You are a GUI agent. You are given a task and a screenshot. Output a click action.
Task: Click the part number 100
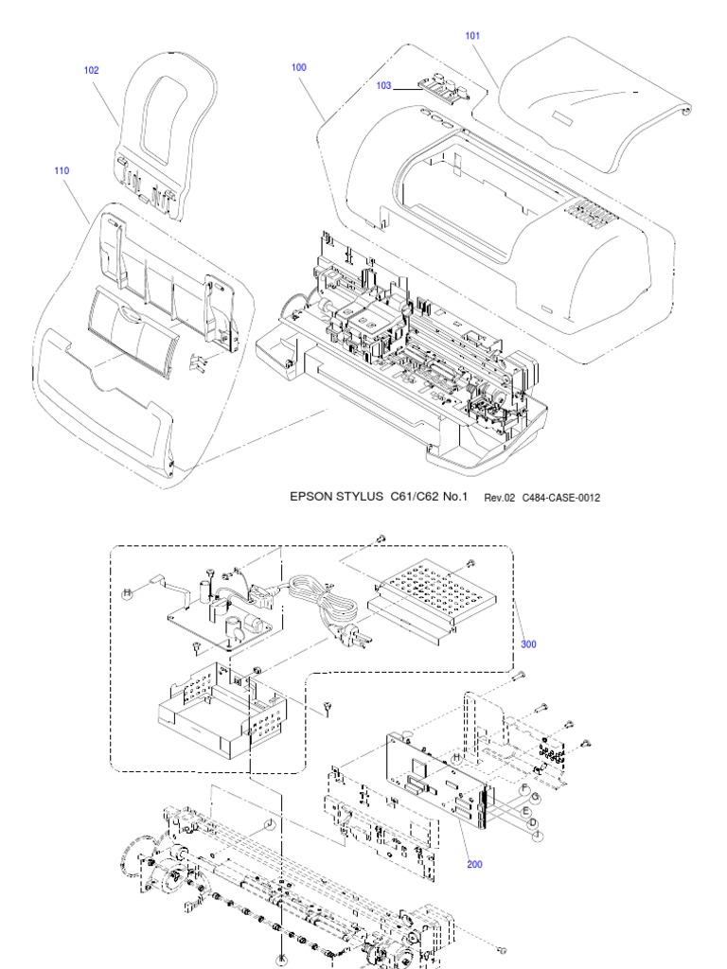pos(298,69)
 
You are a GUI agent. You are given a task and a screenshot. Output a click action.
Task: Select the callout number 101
pos(472,36)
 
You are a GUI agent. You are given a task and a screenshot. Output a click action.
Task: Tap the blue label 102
pos(91,70)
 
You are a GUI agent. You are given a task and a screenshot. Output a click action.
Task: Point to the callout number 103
pos(383,85)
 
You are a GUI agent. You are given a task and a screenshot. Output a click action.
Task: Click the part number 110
pos(62,171)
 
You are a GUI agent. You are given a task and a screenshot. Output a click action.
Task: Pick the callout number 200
pos(473,863)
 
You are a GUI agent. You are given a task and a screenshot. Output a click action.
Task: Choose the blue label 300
pos(528,644)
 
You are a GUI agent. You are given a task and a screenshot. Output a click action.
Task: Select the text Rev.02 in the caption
pos(499,497)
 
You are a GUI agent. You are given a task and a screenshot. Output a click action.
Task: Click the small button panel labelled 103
pos(441,88)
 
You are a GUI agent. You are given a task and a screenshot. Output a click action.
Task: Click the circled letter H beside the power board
pos(125,592)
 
